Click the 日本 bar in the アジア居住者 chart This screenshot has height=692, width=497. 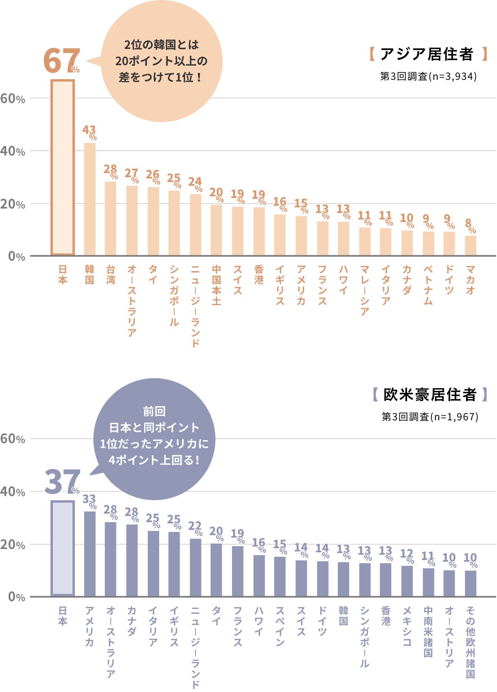point(62,167)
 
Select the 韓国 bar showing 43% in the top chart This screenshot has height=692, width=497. point(90,199)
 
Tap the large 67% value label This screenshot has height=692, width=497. point(61,62)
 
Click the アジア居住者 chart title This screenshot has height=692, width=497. point(427,54)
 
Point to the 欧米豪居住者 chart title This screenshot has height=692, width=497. point(430,394)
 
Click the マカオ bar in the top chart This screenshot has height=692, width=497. point(471,246)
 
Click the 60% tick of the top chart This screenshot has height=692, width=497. point(13,98)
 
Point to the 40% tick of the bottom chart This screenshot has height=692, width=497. point(13,492)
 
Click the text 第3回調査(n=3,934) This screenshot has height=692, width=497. point(428,76)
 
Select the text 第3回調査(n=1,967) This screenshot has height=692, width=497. point(430,417)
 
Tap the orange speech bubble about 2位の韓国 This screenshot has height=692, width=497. point(161,61)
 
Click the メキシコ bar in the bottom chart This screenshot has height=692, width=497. point(407,581)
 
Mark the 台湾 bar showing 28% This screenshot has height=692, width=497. point(110,218)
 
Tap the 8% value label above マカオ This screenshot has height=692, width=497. point(470,225)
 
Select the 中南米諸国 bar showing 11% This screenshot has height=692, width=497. point(428,582)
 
